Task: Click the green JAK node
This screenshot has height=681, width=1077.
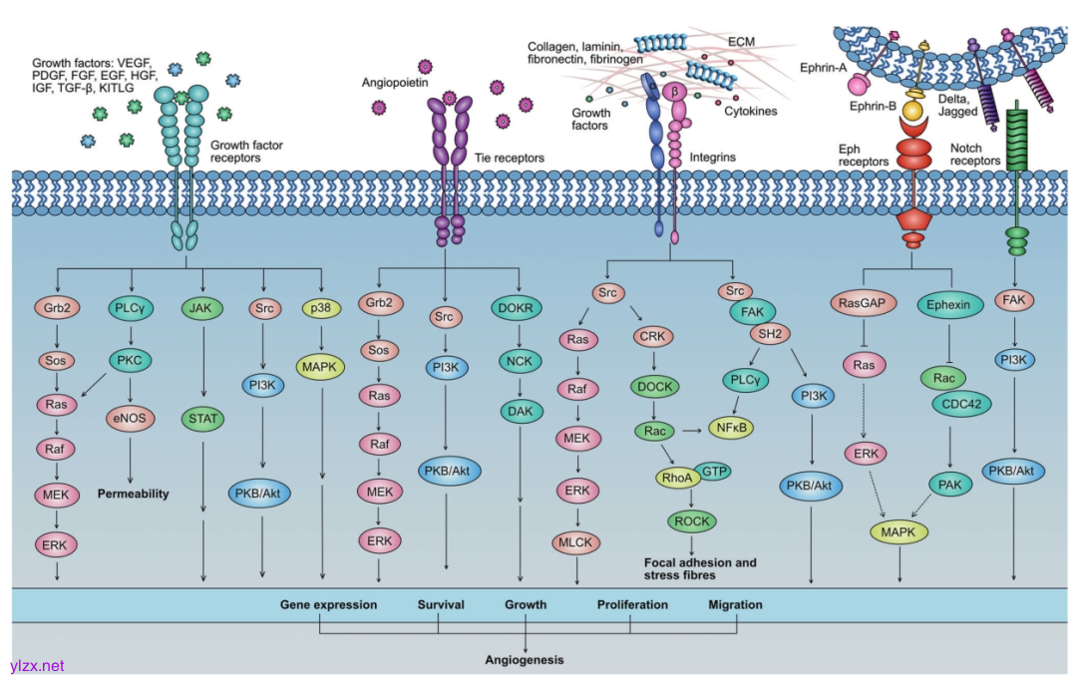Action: tap(203, 308)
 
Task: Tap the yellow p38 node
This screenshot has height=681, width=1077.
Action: tap(322, 308)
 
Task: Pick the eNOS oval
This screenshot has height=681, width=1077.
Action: tap(131, 417)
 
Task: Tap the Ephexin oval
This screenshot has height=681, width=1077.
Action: tap(947, 304)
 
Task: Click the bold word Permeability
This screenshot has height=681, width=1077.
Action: tap(133, 494)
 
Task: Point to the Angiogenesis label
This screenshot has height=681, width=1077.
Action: tap(524, 660)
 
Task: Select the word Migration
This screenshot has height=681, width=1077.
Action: tap(735, 604)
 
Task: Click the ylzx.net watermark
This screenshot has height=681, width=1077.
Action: tap(37, 665)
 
